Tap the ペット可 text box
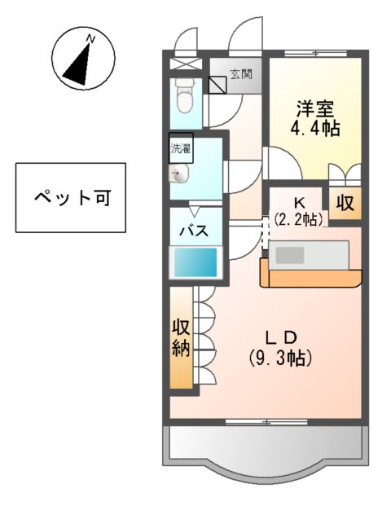point(70,197)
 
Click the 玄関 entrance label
point(240,74)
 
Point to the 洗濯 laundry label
point(180,148)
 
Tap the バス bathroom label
point(195,229)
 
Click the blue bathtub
point(195,262)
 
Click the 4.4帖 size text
point(314,128)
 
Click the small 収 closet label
point(345,204)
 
